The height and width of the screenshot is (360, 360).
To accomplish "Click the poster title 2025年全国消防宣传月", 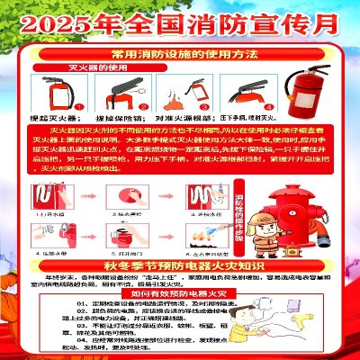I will click(x=180, y=17).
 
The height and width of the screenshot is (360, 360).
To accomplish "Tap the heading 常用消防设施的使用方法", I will click(x=180, y=57).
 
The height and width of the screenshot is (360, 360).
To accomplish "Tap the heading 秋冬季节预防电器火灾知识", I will click(x=180, y=266).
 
